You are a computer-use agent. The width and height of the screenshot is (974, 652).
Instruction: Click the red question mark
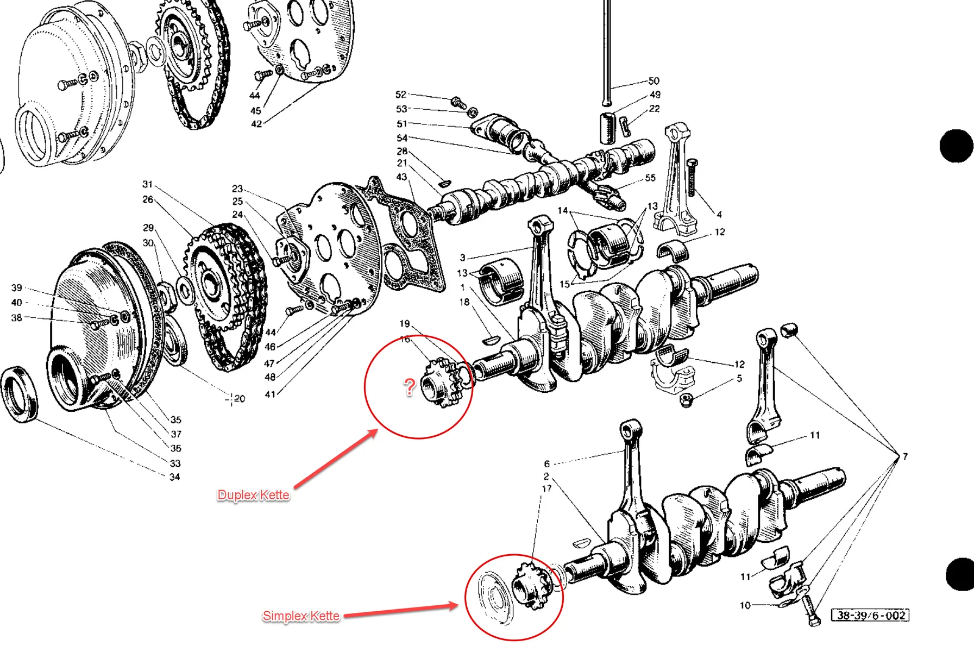[409, 387]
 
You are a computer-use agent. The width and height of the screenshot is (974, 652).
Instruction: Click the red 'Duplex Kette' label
[253, 495]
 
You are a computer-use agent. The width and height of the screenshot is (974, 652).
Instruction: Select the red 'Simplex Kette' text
[301, 616]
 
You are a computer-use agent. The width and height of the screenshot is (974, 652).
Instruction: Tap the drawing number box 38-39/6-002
[870, 615]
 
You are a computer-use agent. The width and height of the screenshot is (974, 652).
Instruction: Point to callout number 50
[653, 81]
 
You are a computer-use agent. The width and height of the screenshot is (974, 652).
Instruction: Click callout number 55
[650, 178]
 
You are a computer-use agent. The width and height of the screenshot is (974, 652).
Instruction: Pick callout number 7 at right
[905, 456]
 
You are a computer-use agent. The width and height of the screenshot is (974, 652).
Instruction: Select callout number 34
[174, 477]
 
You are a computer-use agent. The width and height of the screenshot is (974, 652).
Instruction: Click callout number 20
[239, 399]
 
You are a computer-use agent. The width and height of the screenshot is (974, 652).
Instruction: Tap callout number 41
[270, 394]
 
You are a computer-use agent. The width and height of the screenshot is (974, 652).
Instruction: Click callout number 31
[147, 184]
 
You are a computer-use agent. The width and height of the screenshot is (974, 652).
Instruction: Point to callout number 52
[401, 94]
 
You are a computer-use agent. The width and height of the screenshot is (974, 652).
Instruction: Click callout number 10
[745, 605]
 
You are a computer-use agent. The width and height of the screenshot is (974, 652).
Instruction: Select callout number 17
[546, 488]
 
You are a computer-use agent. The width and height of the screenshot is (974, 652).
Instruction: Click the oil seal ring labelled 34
[20, 393]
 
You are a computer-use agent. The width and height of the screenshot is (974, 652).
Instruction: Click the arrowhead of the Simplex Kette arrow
[457, 605]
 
